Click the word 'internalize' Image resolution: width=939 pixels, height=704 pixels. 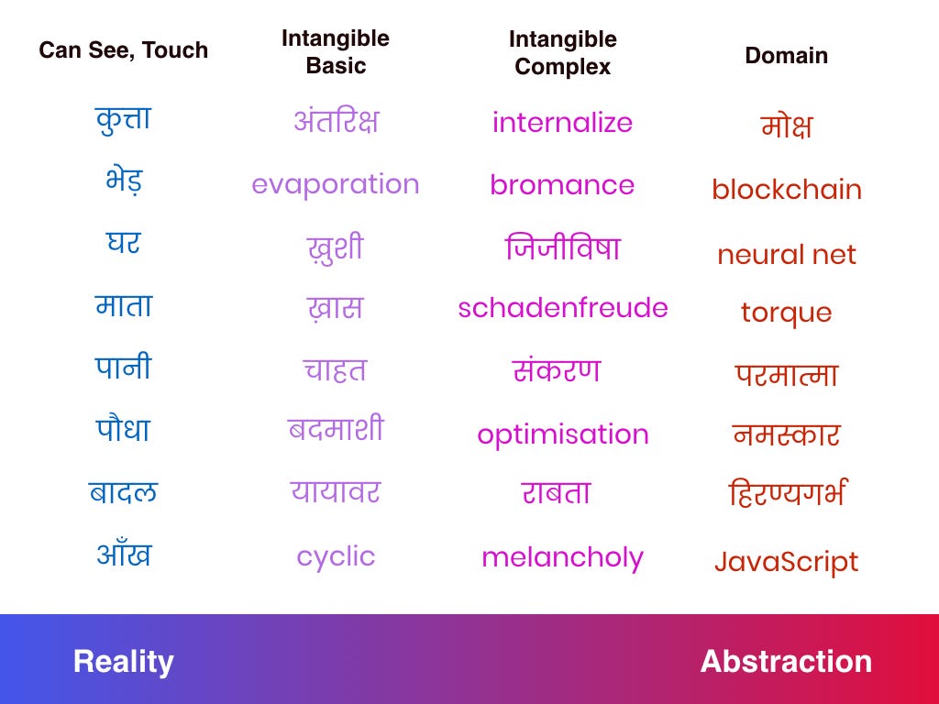click(562, 123)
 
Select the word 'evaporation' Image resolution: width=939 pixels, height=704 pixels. click(336, 185)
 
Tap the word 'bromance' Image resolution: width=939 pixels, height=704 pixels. click(562, 185)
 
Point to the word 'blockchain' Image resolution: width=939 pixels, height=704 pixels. click(786, 189)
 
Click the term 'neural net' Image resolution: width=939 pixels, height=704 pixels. click(786, 255)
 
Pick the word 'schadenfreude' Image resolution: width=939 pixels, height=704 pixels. click(563, 308)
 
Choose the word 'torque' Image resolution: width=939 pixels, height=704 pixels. click(786, 313)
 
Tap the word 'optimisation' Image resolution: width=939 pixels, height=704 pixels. click(563, 434)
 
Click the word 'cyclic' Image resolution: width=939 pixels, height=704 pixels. click(336, 557)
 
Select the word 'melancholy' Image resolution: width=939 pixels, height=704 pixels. click(562, 558)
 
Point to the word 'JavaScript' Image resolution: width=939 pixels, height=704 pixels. click(786, 562)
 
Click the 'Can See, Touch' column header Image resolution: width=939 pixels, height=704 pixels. click(124, 50)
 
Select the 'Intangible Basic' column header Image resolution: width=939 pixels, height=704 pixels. click(336, 52)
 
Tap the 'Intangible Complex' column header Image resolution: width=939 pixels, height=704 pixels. click(562, 52)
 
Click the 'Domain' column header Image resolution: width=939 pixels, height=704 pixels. click(786, 56)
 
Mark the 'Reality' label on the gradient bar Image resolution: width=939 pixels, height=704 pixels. click(124, 662)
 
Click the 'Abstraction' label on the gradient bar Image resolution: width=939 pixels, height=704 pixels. click(786, 662)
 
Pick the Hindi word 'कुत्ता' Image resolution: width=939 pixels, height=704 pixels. click(124, 120)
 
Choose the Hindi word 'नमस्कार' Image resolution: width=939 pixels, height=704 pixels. click(786, 434)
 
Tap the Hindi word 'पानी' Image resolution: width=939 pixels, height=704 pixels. click(124, 367)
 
